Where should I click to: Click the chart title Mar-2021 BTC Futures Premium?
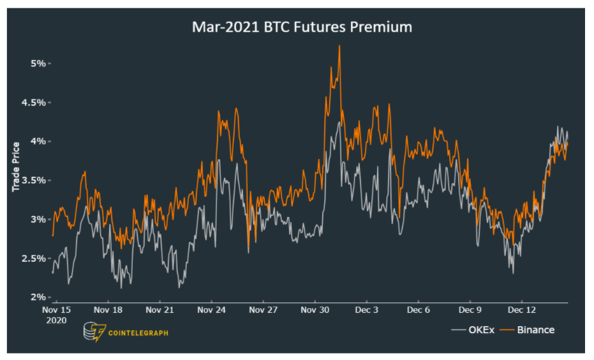pyautogui.click(x=302, y=27)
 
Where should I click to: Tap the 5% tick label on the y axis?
pyautogui.click(x=38, y=63)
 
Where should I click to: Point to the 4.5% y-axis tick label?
pyautogui.click(x=34, y=102)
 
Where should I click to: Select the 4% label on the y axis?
pyautogui.click(x=38, y=141)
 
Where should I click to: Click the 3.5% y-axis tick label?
pyautogui.click(x=34, y=180)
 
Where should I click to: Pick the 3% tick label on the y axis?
pyautogui.click(x=38, y=219)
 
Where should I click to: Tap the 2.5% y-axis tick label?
pyautogui.click(x=34, y=258)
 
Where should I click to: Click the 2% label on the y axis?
pyautogui.click(x=38, y=297)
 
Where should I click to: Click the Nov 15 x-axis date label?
pyautogui.click(x=56, y=310)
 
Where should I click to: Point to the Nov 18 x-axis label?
pyautogui.click(x=108, y=310)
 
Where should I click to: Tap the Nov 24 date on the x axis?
pyautogui.click(x=212, y=310)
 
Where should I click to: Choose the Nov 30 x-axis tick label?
pyautogui.click(x=315, y=310)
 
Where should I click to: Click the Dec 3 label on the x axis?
pyautogui.click(x=367, y=310)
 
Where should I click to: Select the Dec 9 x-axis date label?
pyautogui.click(x=470, y=310)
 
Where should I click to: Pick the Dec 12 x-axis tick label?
pyautogui.click(x=522, y=310)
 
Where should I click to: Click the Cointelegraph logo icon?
pyautogui.click(x=94, y=332)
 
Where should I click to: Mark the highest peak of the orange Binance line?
pyautogui.click(x=339, y=45)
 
